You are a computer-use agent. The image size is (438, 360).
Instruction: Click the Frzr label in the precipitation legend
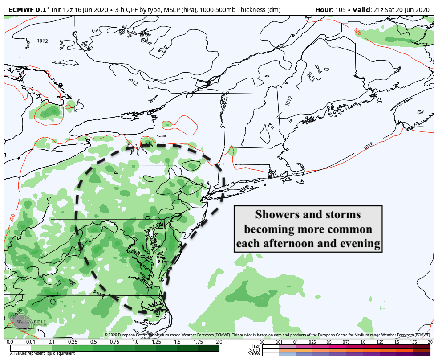[x=255, y=346]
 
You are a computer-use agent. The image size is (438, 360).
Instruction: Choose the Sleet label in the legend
[x=255, y=350]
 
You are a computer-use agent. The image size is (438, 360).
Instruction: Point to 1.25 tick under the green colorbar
[x=156, y=342]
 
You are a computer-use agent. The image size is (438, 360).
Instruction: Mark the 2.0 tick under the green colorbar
[x=219, y=342]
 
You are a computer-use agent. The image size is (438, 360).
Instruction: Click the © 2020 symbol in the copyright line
[x=112, y=335]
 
